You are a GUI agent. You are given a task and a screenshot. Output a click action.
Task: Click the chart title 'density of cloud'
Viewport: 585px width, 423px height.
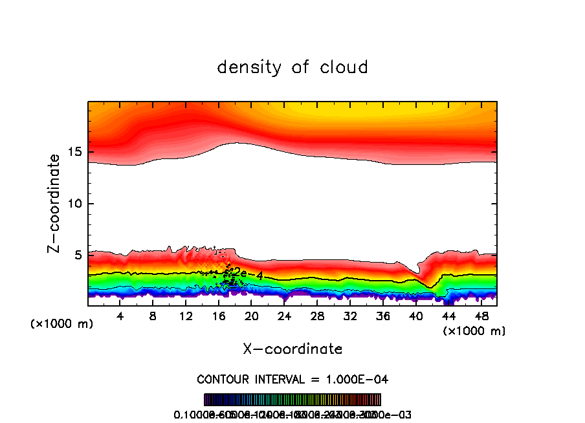292,67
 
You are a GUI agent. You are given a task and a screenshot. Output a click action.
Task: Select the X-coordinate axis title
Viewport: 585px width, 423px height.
292,349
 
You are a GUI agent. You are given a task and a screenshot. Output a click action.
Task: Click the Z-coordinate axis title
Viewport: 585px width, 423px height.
56,203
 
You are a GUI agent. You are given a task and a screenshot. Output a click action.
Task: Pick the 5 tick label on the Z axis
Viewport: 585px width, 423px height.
75,255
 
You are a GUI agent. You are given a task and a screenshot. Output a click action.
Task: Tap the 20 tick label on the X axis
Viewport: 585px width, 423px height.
252,316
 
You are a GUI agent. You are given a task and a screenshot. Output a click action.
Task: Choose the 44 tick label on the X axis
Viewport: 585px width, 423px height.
448,316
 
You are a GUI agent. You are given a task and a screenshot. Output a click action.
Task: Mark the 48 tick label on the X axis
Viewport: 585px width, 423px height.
481,316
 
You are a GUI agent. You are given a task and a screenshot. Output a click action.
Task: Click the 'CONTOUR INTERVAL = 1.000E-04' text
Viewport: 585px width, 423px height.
292,378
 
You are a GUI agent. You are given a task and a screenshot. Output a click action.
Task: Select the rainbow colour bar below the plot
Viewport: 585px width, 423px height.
292,400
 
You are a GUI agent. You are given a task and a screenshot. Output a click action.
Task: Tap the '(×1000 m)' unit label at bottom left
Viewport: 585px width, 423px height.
62,324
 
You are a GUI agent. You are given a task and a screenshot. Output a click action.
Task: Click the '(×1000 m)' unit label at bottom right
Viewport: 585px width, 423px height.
474,331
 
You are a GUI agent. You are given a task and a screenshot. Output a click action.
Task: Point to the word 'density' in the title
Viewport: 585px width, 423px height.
248,67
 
